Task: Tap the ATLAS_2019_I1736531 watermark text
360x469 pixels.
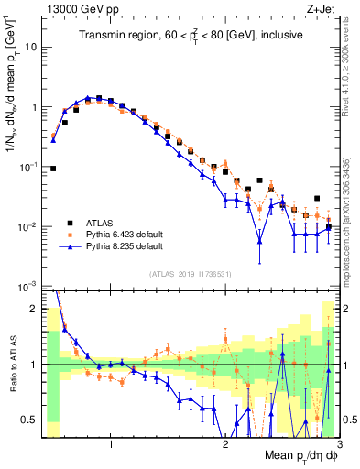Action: pyautogui.click(x=191, y=274)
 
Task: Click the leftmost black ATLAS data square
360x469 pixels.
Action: pyautogui.click(x=53, y=169)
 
